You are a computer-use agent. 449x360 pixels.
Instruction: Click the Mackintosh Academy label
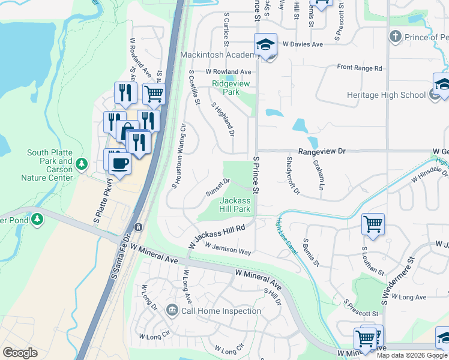pos(220,55)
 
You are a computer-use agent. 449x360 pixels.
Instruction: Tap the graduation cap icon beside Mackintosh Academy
pos(265,44)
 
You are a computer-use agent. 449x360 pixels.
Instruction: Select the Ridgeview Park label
pos(225,88)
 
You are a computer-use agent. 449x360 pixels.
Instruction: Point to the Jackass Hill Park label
pos(235,205)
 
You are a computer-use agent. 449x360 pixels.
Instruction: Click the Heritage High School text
pos(386,95)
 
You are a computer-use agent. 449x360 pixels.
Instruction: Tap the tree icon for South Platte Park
pos(85,163)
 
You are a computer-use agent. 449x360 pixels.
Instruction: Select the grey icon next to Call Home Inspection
pos(172,310)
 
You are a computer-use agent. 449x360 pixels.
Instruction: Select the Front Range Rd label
pos(360,68)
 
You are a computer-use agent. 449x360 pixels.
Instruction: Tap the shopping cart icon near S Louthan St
pos(373,224)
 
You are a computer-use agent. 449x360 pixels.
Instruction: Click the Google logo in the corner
pos(20,353)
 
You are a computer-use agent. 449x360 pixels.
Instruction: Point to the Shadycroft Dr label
pos(292,176)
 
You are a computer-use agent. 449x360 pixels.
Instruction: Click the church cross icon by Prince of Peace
pos(395,37)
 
